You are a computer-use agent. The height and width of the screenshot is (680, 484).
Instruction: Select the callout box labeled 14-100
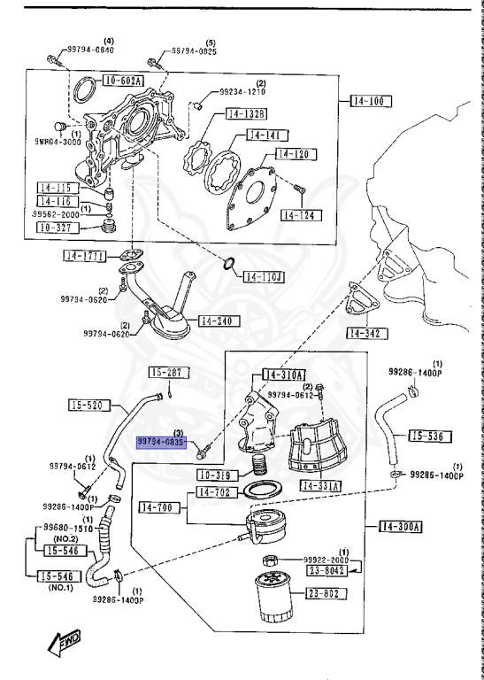[x=366, y=101]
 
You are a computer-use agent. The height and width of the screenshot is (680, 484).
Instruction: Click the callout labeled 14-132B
[x=247, y=113]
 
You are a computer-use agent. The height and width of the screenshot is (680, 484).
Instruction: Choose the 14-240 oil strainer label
[x=219, y=321]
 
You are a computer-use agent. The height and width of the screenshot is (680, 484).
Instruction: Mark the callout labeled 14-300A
[x=401, y=527]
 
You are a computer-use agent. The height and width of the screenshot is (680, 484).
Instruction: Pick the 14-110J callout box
[x=263, y=276]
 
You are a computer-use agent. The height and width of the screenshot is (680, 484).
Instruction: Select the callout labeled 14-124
[x=303, y=215]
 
